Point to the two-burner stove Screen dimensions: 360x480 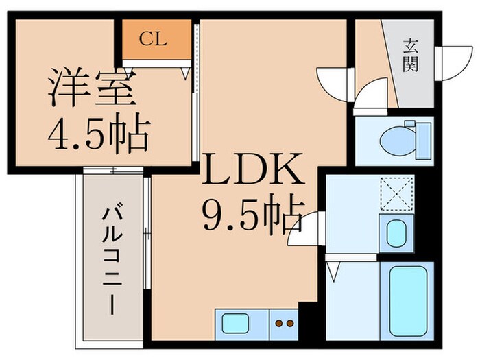click(285, 322)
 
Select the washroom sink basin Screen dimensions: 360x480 click(396, 232)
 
